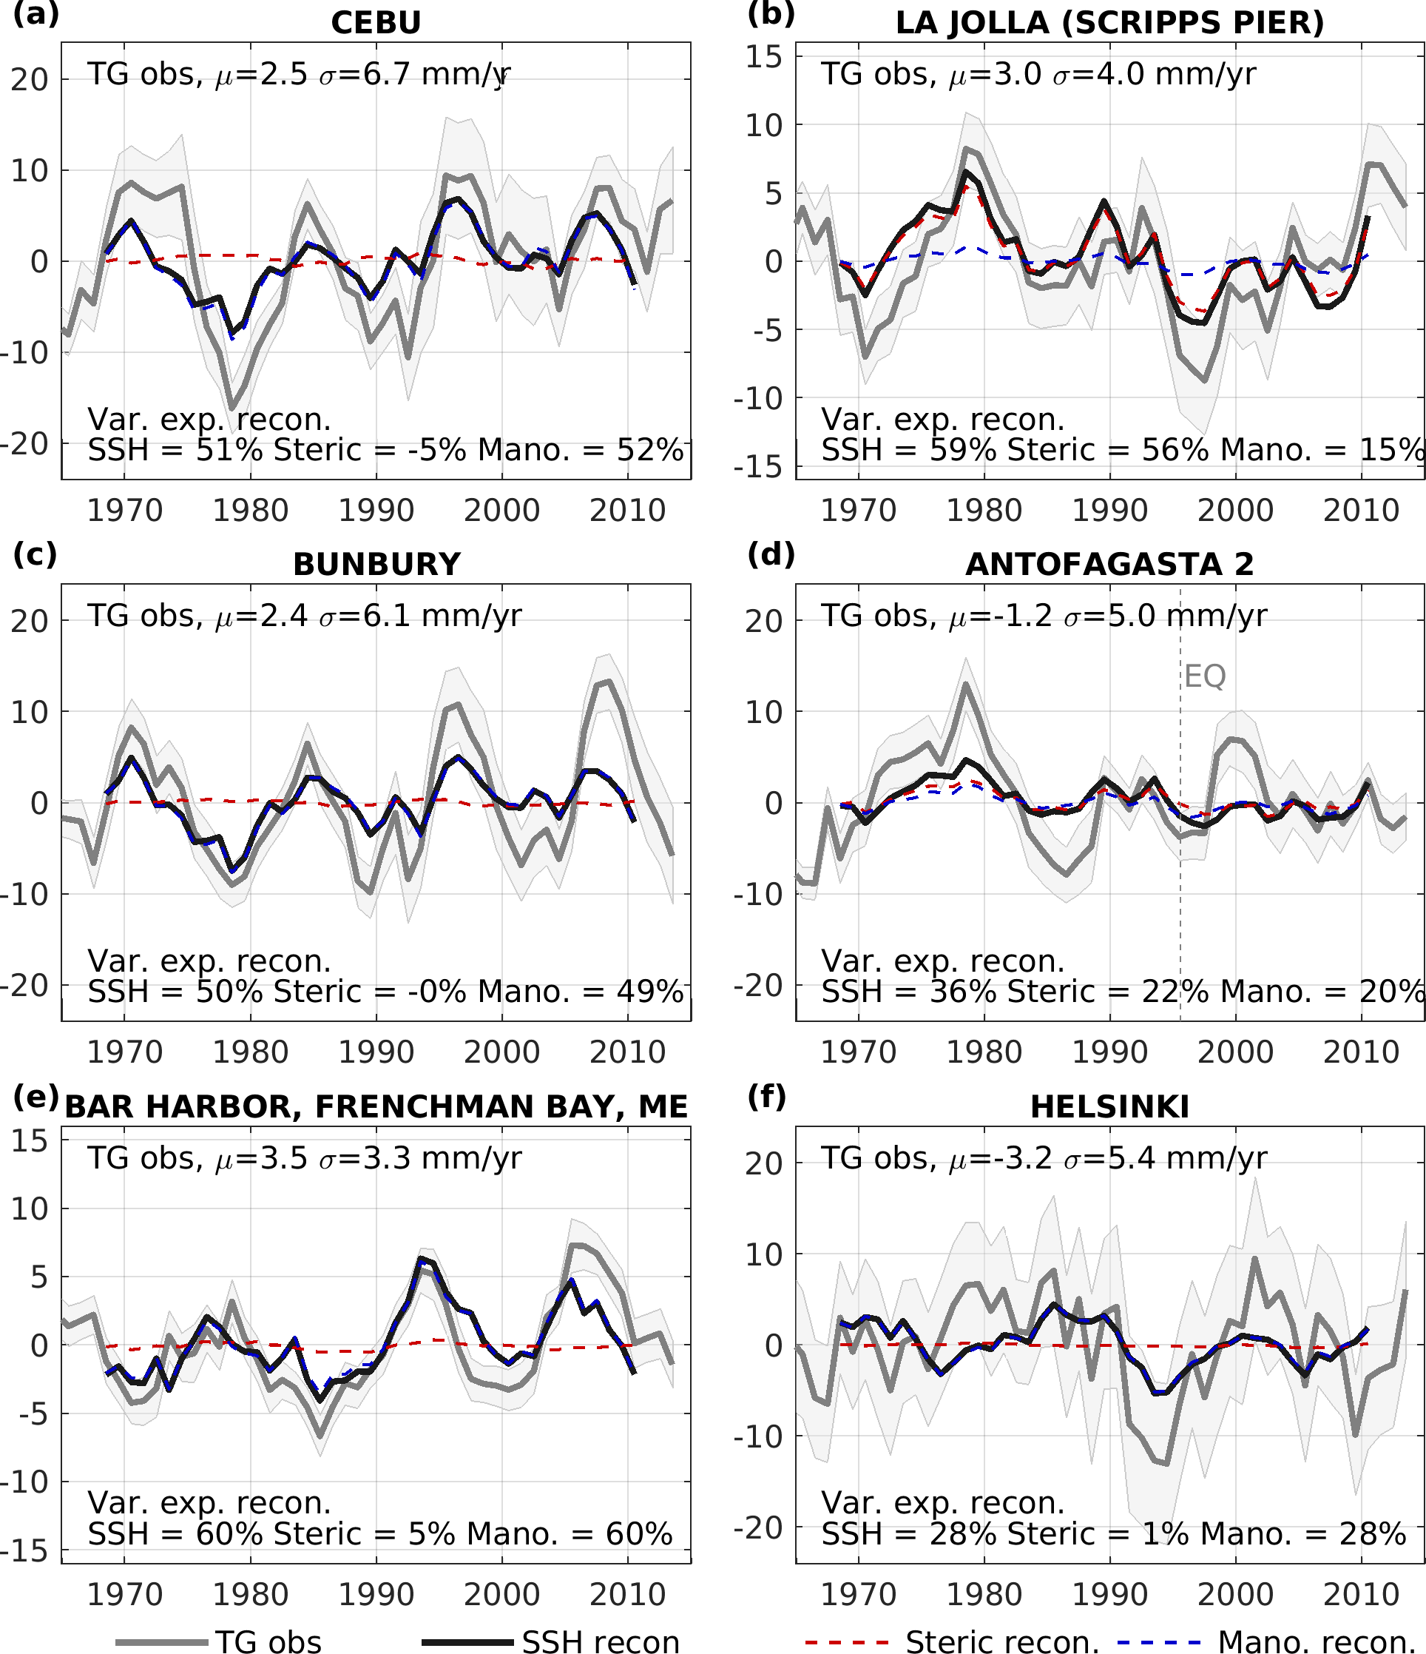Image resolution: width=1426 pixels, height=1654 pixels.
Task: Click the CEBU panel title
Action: [x=376, y=22]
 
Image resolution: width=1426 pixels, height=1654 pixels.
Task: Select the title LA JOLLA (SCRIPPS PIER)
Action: [x=1110, y=22]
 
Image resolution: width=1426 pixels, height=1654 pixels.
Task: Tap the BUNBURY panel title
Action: [x=376, y=565]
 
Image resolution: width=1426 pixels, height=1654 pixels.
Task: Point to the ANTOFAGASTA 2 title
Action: [x=1110, y=565]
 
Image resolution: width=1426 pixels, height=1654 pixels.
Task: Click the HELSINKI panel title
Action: [x=1110, y=1107]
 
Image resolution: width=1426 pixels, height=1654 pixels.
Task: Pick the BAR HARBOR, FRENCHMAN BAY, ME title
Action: [x=376, y=1107]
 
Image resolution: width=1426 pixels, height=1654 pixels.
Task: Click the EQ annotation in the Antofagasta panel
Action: [x=1204, y=676]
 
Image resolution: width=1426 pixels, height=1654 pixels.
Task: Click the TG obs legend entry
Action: [x=268, y=1641]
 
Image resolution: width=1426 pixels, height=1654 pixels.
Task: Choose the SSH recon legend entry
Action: [x=600, y=1641]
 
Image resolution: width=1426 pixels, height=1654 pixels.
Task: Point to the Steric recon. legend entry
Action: [x=1002, y=1641]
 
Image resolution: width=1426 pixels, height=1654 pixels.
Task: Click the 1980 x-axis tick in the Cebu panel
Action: [x=250, y=510]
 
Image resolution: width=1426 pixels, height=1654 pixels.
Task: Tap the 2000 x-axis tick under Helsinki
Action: [x=1235, y=1594]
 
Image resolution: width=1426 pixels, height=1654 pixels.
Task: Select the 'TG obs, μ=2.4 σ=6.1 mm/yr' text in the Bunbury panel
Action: [x=304, y=616]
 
